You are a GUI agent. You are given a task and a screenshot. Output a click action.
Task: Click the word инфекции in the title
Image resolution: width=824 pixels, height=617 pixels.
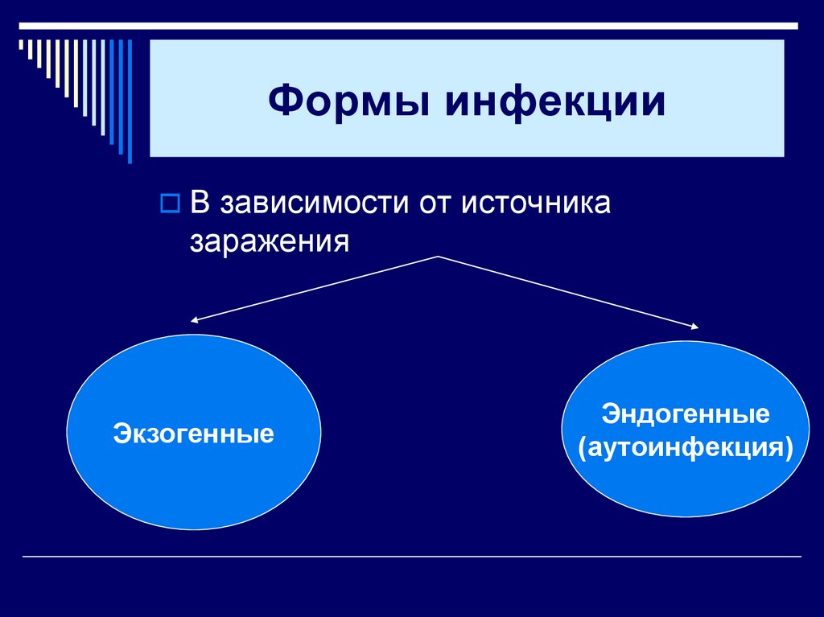(556, 104)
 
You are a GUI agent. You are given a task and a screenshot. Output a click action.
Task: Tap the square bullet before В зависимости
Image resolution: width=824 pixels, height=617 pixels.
(169, 204)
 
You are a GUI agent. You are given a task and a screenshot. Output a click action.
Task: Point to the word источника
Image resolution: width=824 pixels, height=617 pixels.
(537, 204)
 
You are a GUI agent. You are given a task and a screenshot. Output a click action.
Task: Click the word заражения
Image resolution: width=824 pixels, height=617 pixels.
(270, 241)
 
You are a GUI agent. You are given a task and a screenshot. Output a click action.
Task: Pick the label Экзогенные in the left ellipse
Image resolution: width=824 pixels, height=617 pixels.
(193, 435)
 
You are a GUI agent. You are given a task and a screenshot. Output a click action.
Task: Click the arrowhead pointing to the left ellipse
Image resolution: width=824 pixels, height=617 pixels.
(195, 320)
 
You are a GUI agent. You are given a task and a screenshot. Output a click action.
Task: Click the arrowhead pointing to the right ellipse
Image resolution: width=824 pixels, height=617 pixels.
(694, 325)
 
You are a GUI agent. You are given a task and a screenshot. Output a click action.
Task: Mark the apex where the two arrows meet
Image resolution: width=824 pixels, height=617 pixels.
(439, 256)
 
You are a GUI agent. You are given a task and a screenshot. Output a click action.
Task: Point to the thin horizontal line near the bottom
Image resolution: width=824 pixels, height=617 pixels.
(412, 557)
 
